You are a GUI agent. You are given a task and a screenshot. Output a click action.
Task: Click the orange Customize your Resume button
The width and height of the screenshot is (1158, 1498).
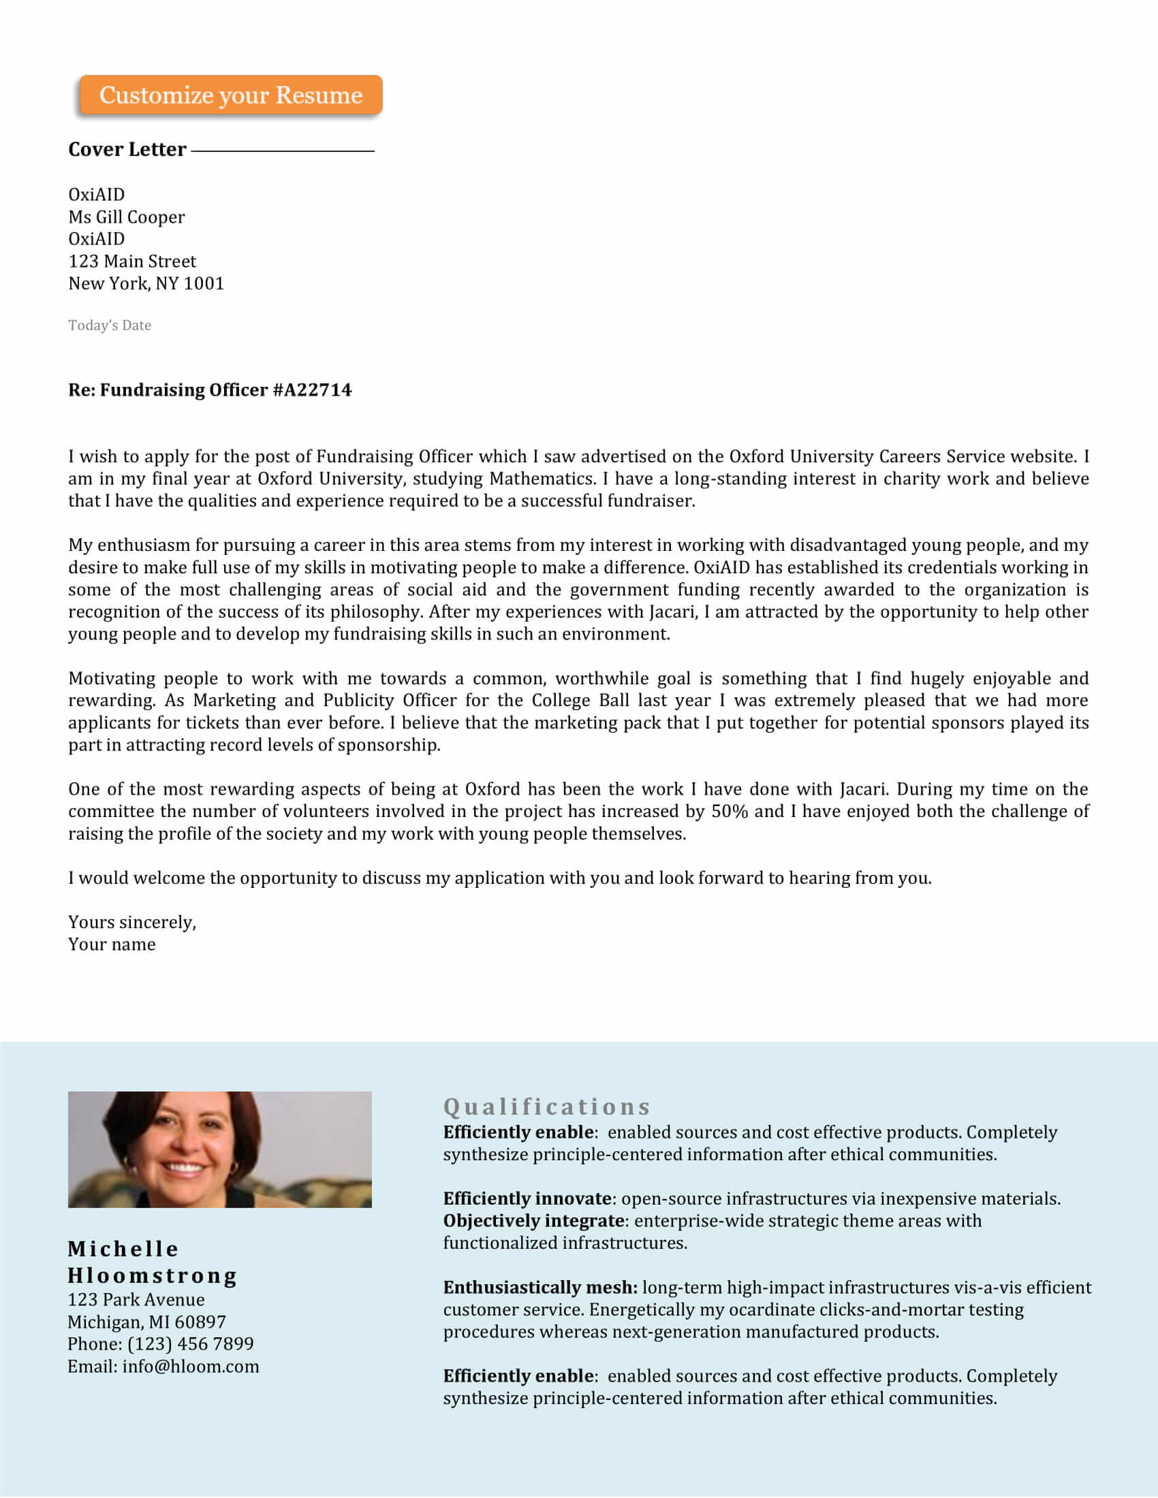(x=230, y=95)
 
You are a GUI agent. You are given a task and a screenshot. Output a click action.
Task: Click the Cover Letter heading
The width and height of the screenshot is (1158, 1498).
(x=127, y=150)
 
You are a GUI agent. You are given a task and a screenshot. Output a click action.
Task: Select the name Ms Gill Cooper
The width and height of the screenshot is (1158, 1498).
(x=126, y=217)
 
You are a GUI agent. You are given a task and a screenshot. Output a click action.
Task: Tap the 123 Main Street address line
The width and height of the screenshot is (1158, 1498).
(x=131, y=261)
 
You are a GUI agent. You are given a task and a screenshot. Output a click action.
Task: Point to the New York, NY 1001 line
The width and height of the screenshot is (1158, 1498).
(x=146, y=283)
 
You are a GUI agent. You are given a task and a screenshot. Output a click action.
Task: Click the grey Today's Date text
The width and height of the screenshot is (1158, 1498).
(x=109, y=325)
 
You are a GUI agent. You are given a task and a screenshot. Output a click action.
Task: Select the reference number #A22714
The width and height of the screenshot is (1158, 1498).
(x=312, y=389)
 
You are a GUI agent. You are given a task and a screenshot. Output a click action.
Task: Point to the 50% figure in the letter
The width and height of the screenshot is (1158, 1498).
(x=730, y=811)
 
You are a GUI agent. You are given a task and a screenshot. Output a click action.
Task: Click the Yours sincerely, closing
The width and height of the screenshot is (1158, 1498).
(x=131, y=922)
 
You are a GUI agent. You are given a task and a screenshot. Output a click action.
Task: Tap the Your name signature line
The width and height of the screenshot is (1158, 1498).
(x=111, y=944)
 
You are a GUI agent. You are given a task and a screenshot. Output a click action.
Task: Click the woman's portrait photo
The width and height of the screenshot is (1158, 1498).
(x=219, y=1149)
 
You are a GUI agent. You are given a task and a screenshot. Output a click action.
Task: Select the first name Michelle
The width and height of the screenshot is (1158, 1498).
(x=123, y=1248)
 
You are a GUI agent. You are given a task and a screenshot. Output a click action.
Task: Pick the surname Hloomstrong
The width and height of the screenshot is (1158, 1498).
(x=152, y=1275)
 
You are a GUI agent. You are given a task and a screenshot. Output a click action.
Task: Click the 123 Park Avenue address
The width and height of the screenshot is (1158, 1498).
(x=136, y=1299)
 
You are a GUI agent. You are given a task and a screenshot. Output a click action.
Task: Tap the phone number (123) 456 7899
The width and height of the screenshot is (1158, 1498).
(x=190, y=1343)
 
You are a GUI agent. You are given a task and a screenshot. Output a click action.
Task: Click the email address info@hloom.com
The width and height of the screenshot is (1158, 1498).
(x=191, y=1366)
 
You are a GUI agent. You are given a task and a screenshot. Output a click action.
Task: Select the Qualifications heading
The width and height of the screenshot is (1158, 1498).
(x=546, y=1106)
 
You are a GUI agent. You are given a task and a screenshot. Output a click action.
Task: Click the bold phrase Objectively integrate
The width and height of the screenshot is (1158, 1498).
(x=533, y=1220)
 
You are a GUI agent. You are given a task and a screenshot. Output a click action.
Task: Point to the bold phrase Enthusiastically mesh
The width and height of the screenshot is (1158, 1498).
(x=540, y=1287)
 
